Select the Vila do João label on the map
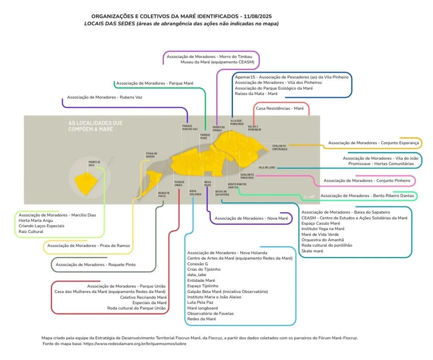pos(266,167)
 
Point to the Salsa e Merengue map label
pos(254,128)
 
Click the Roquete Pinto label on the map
pos(164,194)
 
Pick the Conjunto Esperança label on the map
pos(279,147)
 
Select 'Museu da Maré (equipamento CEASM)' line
pos(217,62)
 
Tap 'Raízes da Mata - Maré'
pos(256,93)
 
